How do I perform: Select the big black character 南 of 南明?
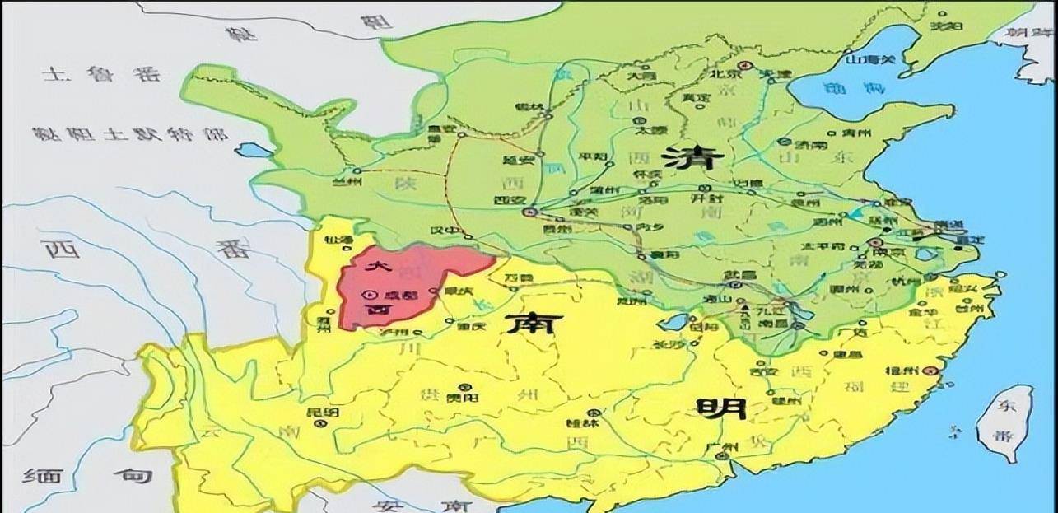(529, 323)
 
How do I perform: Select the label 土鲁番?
(91, 75)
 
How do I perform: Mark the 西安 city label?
(510, 198)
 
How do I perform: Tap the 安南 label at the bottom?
(420, 504)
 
